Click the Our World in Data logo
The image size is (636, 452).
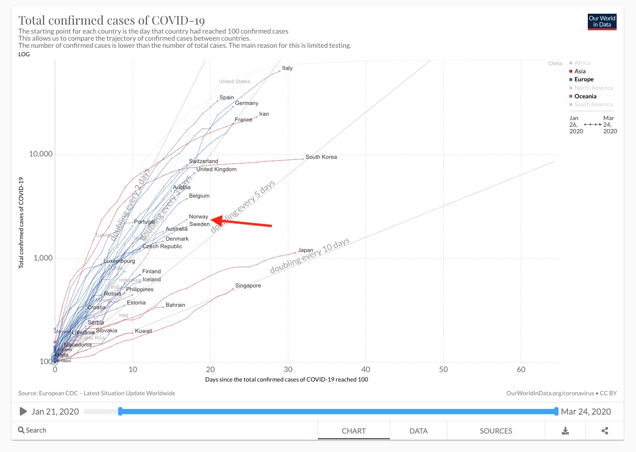tap(602, 22)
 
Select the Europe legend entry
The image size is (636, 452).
tap(584, 79)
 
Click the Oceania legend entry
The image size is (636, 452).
tap(585, 96)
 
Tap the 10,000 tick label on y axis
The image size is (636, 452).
tap(41, 154)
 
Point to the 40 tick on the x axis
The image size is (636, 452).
tap(366, 369)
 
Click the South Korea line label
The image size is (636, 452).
tap(321, 157)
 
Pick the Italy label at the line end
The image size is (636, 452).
tap(287, 68)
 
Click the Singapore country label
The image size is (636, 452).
tap(248, 286)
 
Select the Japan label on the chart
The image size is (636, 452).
tap(305, 250)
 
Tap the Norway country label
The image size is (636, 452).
tap(198, 217)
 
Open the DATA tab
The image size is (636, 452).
tap(418, 431)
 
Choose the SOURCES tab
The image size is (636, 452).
tap(496, 431)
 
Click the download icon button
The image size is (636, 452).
tap(565, 431)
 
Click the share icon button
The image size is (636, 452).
tap(605, 431)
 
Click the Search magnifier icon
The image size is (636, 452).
tap(21, 430)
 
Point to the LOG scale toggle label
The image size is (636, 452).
tap(24, 54)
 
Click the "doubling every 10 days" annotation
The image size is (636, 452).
tap(310, 256)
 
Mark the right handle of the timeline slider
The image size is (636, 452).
tap(556, 411)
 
